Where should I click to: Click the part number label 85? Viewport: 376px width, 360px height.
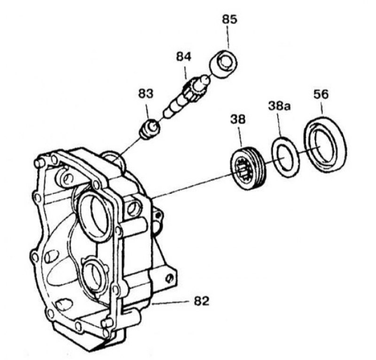click(x=229, y=19)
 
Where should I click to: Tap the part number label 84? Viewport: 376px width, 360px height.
click(x=184, y=56)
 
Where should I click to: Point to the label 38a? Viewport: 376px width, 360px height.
click(x=279, y=106)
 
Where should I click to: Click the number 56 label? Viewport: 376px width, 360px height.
click(x=321, y=94)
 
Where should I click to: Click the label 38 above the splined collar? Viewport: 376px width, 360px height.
click(x=238, y=119)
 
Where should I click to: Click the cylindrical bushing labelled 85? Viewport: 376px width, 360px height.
click(x=224, y=64)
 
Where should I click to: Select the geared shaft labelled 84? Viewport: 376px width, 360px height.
click(x=187, y=96)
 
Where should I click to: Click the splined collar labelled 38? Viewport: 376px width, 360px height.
click(x=248, y=168)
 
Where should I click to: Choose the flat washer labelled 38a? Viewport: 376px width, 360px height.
click(x=285, y=157)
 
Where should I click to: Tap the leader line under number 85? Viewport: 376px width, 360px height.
click(x=228, y=37)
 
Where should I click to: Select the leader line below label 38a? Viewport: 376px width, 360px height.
click(x=279, y=125)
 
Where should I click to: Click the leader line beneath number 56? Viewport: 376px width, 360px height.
click(x=322, y=107)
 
